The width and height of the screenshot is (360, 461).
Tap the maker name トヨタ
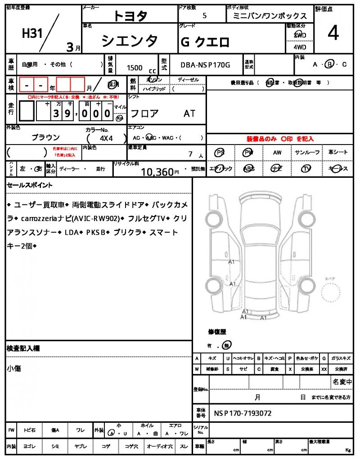pos(130,16)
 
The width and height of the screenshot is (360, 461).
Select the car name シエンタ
pos(130,41)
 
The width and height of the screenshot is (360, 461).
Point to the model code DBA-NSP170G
pos(205,65)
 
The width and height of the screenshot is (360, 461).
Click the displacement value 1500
pos(135,68)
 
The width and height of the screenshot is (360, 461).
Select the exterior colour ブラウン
pos(45,137)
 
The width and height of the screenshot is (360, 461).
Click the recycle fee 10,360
pos(157,171)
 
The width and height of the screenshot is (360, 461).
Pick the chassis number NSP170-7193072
pos(243,413)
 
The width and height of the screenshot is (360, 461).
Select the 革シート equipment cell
pos(338,153)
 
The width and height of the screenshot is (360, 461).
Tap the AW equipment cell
pos(277,153)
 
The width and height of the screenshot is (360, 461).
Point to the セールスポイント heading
pos(30,185)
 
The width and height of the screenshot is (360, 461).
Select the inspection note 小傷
pos(14,369)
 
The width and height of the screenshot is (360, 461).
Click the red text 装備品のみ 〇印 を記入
pos(279,139)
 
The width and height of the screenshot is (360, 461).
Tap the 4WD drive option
pos(300,47)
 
